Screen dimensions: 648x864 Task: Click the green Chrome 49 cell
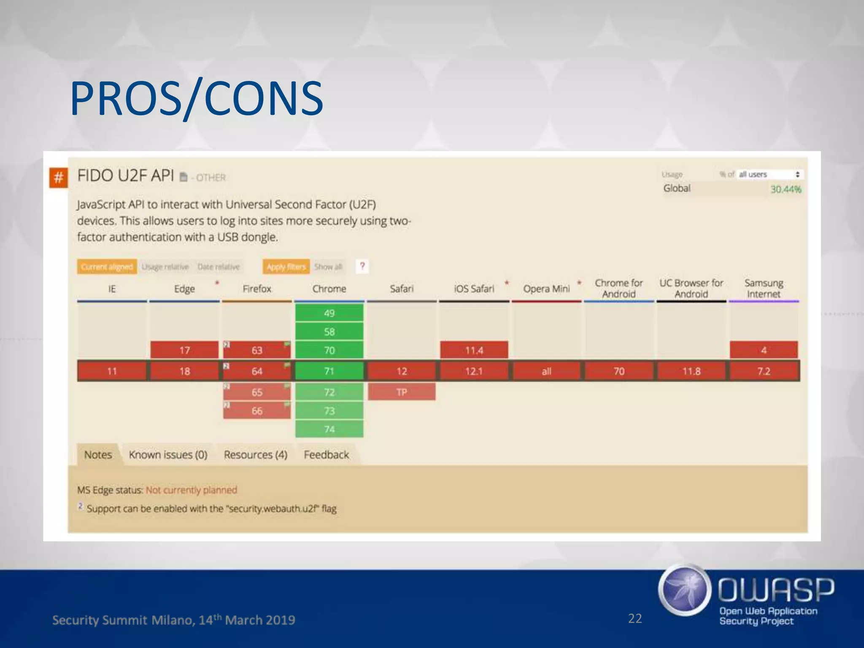329,313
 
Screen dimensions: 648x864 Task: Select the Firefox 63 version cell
257,350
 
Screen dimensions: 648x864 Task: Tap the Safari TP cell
401,392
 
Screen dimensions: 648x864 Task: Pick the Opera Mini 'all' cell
546,371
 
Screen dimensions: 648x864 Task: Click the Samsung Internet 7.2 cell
764,371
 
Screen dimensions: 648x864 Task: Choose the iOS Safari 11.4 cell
474,350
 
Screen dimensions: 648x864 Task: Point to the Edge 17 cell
184,350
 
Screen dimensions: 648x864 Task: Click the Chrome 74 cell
329,429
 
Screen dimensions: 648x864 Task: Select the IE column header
112,289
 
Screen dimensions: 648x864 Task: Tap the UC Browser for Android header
691,289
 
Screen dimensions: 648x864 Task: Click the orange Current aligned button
107,267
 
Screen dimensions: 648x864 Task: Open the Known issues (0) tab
168,455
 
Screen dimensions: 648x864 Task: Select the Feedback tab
326,455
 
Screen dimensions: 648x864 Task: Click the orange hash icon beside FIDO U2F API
58,178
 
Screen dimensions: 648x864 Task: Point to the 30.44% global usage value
786,189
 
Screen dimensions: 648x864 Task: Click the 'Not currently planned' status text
191,490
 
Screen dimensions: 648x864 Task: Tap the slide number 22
634,618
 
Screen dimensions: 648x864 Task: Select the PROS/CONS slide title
196,99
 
